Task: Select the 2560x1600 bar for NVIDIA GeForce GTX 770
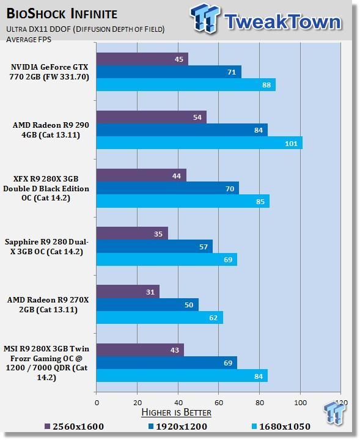pos(142,59)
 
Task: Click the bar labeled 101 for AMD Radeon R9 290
pos(199,142)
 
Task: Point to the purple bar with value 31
pos(128,291)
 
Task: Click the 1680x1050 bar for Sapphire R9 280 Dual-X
pos(167,258)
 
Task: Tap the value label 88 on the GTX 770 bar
pos(265,85)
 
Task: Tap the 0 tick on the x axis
pos(97,403)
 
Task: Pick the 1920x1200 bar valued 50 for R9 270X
pos(147,304)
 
